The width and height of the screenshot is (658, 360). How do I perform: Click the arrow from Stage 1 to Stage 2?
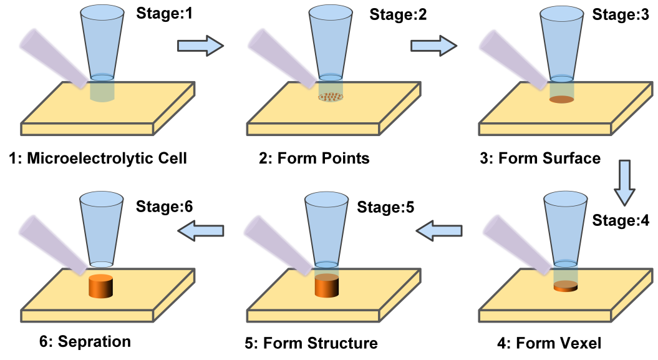coord(200,44)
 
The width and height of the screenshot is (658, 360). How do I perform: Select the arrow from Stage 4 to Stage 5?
coord(440,231)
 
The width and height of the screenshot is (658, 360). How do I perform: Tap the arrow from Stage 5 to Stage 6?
coord(201,231)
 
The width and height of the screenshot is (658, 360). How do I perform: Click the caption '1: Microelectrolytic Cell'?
coord(98,158)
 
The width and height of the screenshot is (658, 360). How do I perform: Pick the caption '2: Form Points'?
coord(314,158)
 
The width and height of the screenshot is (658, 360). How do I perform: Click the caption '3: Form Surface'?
coord(540,158)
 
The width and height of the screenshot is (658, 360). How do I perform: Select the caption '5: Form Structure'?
coord(311,343)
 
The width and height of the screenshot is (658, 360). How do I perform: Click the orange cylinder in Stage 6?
coord(100,286)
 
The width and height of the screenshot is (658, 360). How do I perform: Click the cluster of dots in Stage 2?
coord(330,97)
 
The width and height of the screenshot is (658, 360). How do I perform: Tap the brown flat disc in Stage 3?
coord(561,99)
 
